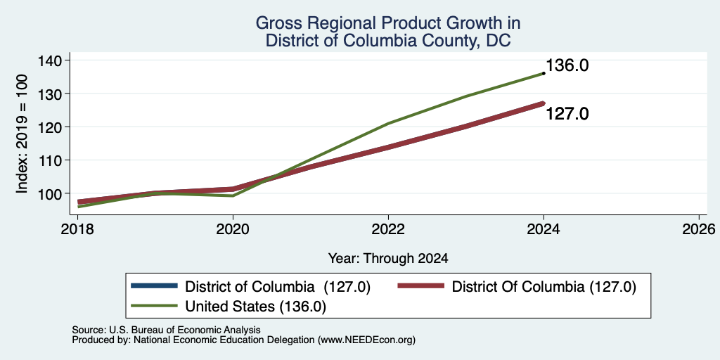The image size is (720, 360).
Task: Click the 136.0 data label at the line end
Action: tap(567, 65)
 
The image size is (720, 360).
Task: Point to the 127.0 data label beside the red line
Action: tap(567, 113)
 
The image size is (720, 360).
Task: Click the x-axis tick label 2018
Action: tap(78, 229)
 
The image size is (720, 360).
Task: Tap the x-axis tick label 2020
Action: tap(233, 229)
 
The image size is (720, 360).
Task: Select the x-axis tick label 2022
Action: tap(388, 229)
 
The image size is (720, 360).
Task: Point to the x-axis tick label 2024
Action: tap(544, 229)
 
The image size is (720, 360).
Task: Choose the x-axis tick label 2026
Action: tap(699, 229)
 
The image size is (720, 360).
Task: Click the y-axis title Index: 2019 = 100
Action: tap(22, 134)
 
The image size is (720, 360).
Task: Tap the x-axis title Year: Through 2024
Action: tap(388, 259)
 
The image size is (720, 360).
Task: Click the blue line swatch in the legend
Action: tap(154, 286)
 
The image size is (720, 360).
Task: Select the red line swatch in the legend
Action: tap(421, 286)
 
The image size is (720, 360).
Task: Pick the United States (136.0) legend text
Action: tap(255, 307)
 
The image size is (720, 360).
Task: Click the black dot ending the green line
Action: tap(544, 73)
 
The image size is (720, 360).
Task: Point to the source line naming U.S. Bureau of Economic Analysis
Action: tap(166, 330)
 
